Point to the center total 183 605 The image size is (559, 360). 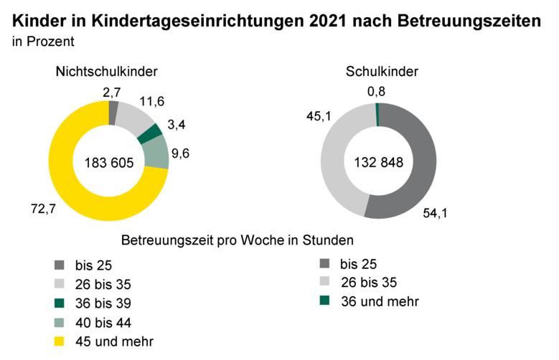(x=109, y=162)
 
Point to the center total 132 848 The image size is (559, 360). (x=379, y=162)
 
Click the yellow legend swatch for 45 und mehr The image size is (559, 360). (x=59, y=339)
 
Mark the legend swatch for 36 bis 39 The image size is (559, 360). (x=59, y=302)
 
